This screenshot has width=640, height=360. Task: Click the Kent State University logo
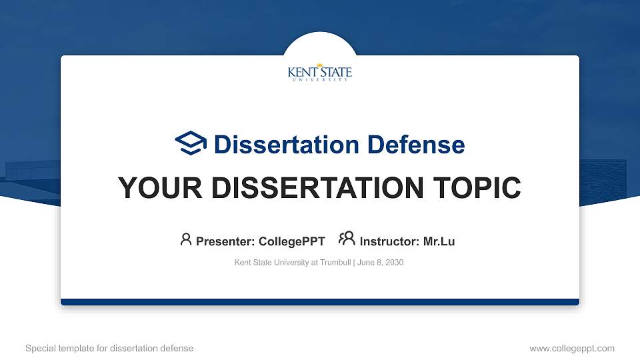pos(319,73)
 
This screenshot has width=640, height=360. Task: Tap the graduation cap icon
pos(191,143)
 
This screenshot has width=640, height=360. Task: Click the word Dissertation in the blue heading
pos(287,145)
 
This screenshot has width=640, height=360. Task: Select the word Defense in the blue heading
pos(416,145)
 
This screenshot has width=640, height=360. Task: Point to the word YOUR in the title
pos(160,188)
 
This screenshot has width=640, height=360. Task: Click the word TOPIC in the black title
pos(477,188)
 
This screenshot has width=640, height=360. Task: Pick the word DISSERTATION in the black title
pos(317,188)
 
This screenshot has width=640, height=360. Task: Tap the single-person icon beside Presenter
pos(186,239)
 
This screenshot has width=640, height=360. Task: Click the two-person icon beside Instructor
pos(347,239)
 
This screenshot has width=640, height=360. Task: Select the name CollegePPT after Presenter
pos(292,241)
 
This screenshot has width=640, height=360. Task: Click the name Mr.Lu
pos(439,241)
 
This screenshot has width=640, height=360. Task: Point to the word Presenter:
pos(225,241)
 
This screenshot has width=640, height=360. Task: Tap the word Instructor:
pos(389,241)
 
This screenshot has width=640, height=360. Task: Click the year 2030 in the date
pos(394,263)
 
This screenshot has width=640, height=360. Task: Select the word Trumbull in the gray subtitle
pos(335,263)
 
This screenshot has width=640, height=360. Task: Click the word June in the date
pos(365,263)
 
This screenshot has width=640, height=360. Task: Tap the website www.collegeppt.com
pos(572,349)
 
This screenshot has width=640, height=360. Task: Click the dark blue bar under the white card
pos(320,302)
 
